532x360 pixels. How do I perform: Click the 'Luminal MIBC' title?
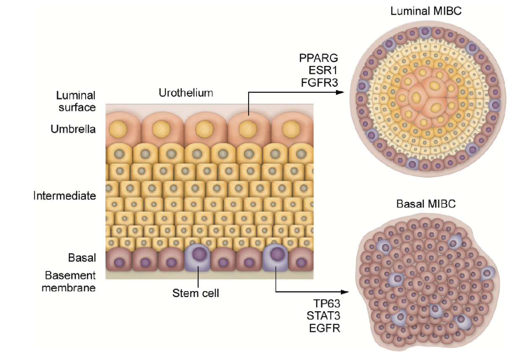(426, 11)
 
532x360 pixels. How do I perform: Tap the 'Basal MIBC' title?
(426, 204)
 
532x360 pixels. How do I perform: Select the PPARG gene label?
(318, 58)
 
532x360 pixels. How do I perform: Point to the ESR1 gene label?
(323, 70)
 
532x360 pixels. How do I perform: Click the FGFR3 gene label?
(320, 83)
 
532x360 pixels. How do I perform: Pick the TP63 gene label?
(327, 303)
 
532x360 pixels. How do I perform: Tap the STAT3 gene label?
(323, 316)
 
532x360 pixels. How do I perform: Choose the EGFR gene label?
(325, 328)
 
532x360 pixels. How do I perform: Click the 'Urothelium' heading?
(186, 93)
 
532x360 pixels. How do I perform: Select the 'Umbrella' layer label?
(73, 129)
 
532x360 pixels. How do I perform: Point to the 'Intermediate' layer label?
(65, 196)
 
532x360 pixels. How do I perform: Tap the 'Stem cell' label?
(196, 293)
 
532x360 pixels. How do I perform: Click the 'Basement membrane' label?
(69, 281)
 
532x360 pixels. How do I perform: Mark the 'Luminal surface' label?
(76, 102)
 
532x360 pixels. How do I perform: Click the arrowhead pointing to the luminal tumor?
(340, 92)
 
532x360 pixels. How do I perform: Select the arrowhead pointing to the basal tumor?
(345, 292)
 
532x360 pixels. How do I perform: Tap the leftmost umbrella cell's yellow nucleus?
(118, 129)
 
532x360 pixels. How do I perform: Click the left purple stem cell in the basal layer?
(197, 258)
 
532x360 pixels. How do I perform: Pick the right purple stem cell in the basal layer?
(275, 258)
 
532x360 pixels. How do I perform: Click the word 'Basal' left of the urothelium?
(82, 258)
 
